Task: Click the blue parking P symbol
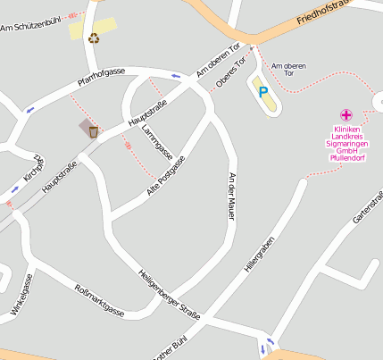tap(262, 91)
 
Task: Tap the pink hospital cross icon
tap(346, 114)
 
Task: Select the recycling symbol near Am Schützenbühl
tap(94, 38)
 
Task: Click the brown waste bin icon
tap(93, 131)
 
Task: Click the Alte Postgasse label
tap(166, 175)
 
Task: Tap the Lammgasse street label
tap(157, 141)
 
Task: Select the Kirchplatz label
tap(34, 166)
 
